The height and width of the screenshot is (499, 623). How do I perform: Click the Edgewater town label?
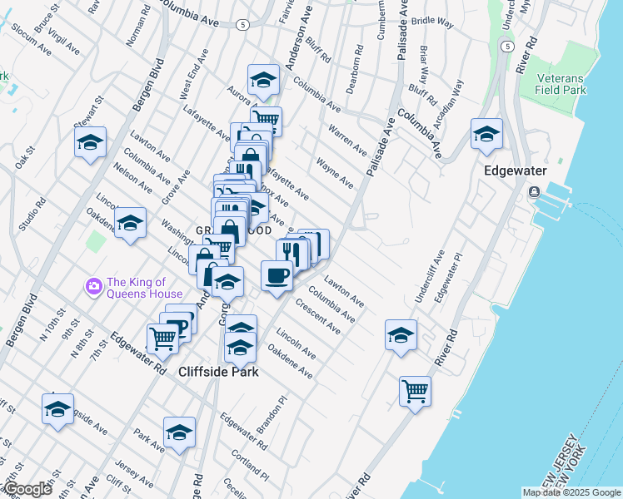tap(516, 170)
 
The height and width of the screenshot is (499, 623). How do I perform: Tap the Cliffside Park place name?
tap(218, 372)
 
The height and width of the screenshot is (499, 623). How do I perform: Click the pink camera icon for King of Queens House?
tap(93, 287)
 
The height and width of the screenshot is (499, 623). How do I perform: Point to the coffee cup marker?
tap(277, 274)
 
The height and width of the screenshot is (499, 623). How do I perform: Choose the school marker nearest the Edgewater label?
tap(486, 134)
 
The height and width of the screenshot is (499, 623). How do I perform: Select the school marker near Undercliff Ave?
tap(401, 334)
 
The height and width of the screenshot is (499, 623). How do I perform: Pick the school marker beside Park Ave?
tap(179, 432)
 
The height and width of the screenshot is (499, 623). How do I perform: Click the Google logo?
tap(27, 489)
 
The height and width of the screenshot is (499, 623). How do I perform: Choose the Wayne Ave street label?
tap(336, 173)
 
